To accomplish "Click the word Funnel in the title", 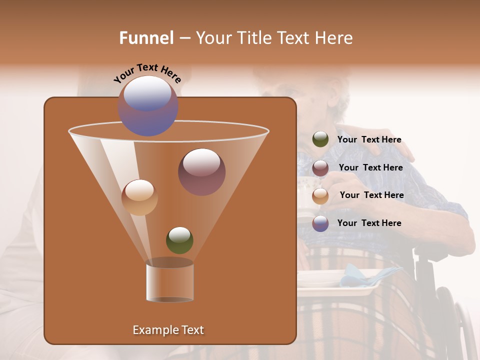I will coord(146,37).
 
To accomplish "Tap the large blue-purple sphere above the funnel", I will coord(148,106).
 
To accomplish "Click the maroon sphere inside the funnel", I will coord(201,172).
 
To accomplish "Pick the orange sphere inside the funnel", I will coord(139,197).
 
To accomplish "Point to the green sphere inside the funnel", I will coord(179,240).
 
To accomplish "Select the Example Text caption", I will coord(168,330).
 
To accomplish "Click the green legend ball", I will coord(320,139).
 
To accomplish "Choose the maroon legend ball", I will coord(320,168).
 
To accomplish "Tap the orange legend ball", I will coord(320,195).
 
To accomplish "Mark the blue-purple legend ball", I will coord(320,223).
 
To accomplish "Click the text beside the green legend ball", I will coord(369,139).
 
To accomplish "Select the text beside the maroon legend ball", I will coord(370,167).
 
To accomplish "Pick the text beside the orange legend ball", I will coord(371,195).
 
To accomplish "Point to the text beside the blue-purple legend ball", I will coord(369,223).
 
